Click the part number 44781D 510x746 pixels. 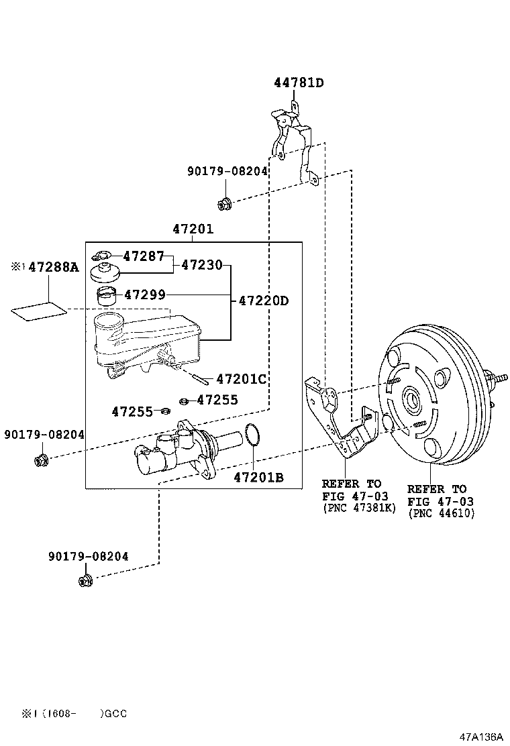click(299, 83)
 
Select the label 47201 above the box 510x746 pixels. click(193, 229)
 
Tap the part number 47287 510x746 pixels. click(144, 256)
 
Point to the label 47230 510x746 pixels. click(201, 265)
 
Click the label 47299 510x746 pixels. click(144, 294)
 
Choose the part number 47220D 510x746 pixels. click(264, 301)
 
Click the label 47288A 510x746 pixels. click(53, 268)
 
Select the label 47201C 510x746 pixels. click(241, 380)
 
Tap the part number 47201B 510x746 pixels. click(258, 478)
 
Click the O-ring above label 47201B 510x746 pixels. click(252, 435)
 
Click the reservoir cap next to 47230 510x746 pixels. click(105, 272)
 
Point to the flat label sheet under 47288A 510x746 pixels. click(40, 311)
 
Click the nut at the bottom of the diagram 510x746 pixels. click(85, 579)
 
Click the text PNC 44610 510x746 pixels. click(441, 513)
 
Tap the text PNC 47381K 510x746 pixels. click(359, 509)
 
